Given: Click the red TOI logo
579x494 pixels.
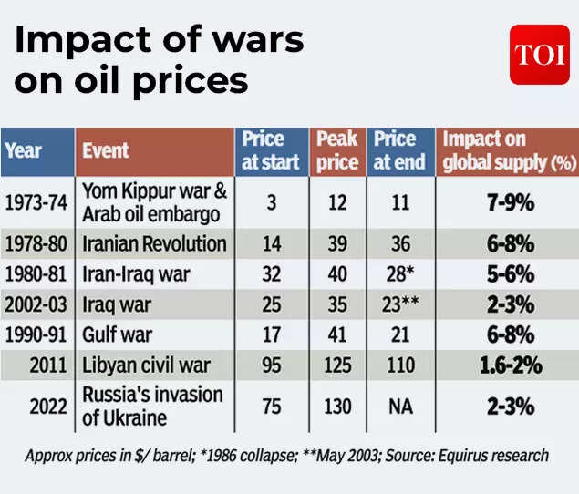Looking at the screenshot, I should [539, 55].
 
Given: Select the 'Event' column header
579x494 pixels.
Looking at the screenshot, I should [106, 150].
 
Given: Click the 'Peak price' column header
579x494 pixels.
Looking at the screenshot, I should [337, 151].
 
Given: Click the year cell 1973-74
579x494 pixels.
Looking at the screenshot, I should [36, 202].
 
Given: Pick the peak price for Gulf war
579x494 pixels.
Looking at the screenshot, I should [337, 335].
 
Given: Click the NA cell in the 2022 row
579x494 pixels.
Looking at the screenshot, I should [400, 407].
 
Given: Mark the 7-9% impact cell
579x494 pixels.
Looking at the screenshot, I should [508, 202].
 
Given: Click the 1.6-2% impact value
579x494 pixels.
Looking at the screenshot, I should [508, 366].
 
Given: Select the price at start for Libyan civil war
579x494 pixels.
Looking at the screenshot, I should [271, 366].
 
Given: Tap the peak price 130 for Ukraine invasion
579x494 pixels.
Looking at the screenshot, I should [337, 407].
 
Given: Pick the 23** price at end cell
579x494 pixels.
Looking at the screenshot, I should [400, 304].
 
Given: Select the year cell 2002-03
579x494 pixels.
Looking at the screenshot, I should [36, 304].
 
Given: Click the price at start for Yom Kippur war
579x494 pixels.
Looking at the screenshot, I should [271, 202].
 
